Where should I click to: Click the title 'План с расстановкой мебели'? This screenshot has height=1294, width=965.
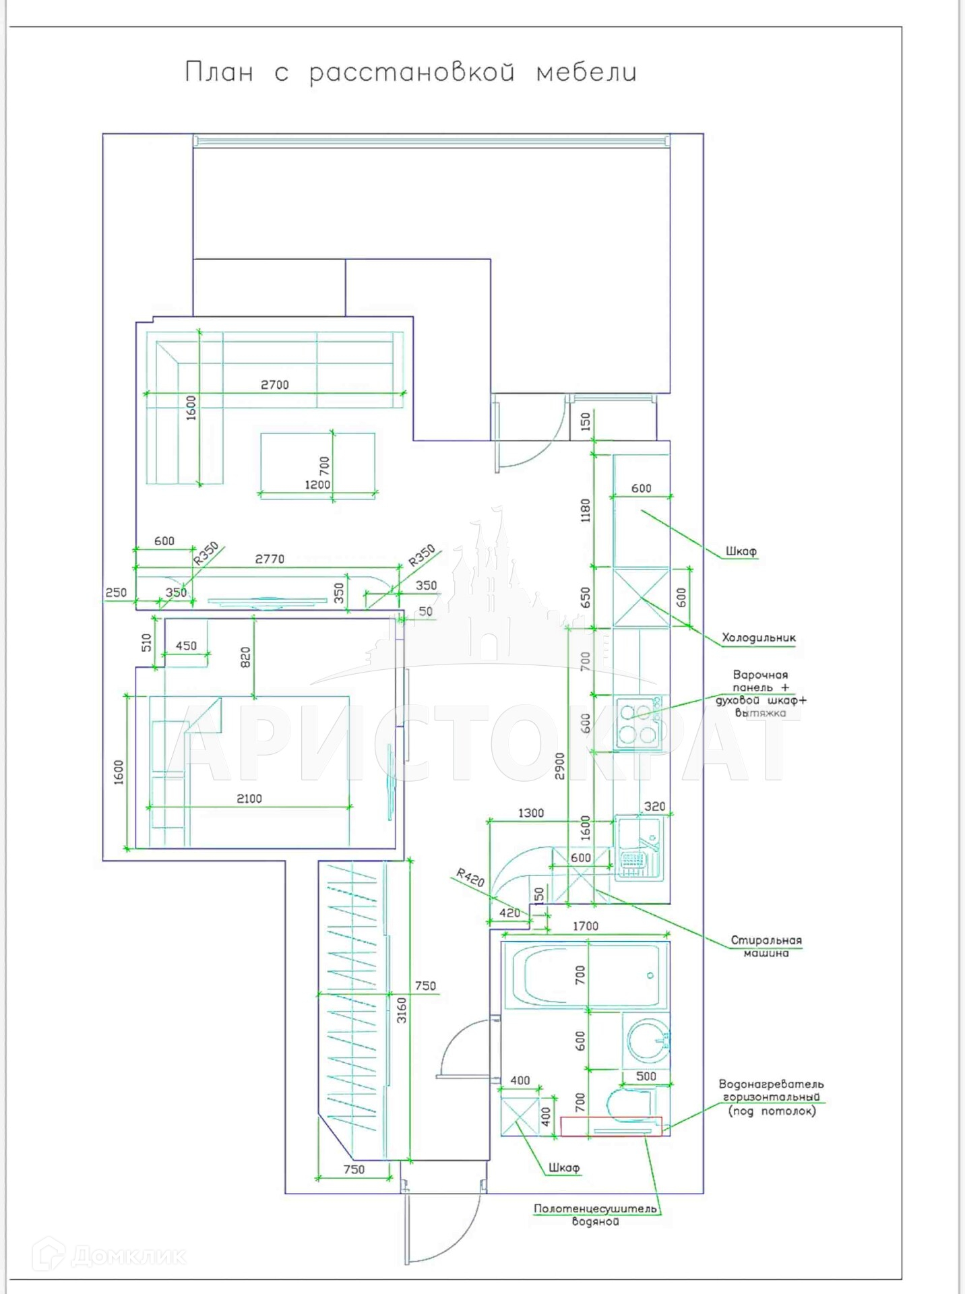pos(410,73)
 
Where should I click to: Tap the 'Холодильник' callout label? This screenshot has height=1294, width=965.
pos(759,638)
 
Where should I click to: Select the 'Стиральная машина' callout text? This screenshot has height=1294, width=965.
pos(766,946)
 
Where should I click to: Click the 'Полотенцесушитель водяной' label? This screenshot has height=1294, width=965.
pos(595,1214)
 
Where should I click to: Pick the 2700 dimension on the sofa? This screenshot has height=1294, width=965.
pos(275,385)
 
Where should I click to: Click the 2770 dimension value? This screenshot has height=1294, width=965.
pos(270,559)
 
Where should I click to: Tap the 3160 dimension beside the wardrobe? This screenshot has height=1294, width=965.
pos(402,1010)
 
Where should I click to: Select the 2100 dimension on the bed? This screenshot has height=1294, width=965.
pos(249,799)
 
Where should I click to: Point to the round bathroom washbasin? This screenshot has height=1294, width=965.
pos(647,1041)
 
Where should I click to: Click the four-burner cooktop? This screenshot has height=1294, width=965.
pos(637,723)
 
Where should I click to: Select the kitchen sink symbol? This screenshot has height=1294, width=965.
pos(639,848)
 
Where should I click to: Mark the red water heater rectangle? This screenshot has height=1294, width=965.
pos(611,1126)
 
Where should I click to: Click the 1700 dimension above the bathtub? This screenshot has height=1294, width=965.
pos(585,927)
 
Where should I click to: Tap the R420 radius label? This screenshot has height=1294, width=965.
pos(470,877)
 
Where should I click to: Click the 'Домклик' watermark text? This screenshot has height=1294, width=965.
pos(128,1256)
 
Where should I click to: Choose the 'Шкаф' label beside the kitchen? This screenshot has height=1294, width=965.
pos(741,551)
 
